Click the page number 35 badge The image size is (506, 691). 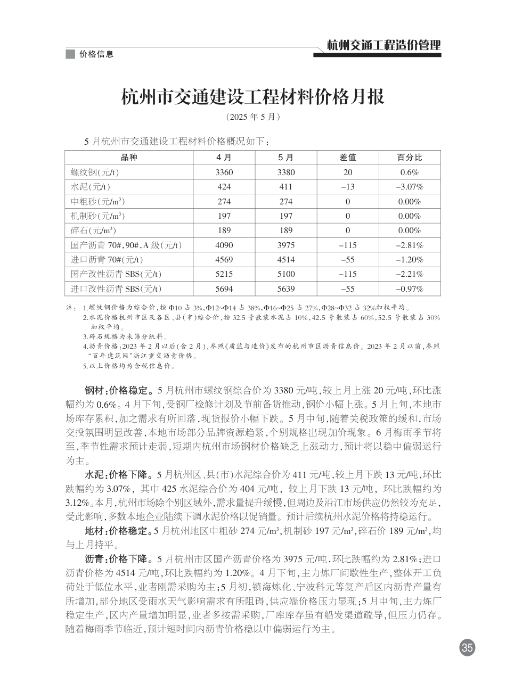pyautogui.click(x=467, y=648)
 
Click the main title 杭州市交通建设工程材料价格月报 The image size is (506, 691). pyautogui.click(x=253, y=97)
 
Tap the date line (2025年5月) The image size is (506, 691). pyautogui.click(x=253, y=116)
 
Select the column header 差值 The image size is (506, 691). pyautogui.click(x=348, y=158)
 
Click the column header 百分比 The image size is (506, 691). pyautogui.click(x=410, y=158)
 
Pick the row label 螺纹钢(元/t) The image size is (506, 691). pyautogui.click(x=95, y=172)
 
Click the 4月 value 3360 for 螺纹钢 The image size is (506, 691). pyautogui.click(x=224, y=172)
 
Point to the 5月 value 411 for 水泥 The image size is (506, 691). pyautogui.click(x=286, y=187)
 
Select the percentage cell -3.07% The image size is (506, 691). pyautogui.click(x=410, y=187)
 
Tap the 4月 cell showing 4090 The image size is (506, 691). pyautogui.click(x=224, y=245)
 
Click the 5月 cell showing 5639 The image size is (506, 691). pyautogui.click(x=286, y=289)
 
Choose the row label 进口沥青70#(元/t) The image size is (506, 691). pyautogui.click(x=107, y=260)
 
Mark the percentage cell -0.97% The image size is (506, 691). pyautogui.click(x=410, y=289)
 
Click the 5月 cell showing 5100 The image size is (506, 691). pyautogui.click(x=286, y=274)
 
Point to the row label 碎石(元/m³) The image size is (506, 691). pyautogui.click(x=94, y=231)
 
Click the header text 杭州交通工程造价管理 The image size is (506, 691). pyautogui.click(x=383, y=46)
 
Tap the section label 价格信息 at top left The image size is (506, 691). pyautogui.click(x=96, y=54)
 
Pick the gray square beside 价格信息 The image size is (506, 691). pyautogui.click(x=70, y=54)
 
